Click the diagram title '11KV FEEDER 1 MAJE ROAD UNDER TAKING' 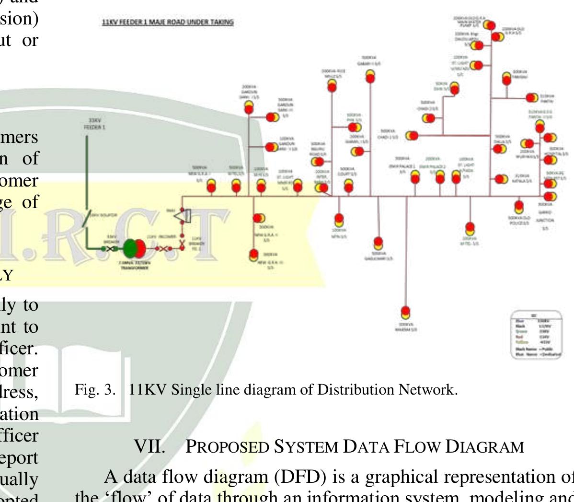point(168,23)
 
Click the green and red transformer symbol point(134,248)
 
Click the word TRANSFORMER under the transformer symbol point(134,268)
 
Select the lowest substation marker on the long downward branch point(405,312)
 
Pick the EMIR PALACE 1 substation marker point(415,177)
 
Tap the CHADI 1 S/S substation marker point(411,136)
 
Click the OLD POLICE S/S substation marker point(518,207)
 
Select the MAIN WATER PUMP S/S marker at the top point(488,24)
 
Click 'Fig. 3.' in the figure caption point(95,390)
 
